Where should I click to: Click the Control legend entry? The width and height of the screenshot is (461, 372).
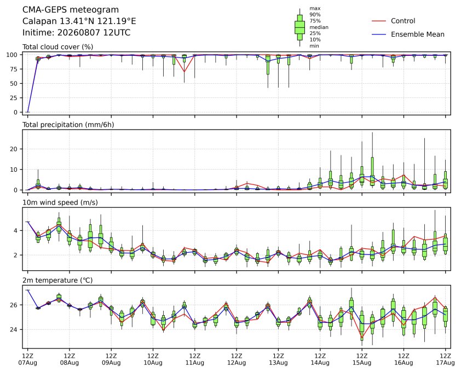coord(393,21)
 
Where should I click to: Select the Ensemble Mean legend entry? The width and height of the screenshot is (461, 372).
coord(408,34)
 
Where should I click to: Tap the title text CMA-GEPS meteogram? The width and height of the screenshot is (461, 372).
coord(71,10)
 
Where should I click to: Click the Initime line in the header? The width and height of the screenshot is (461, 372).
coord(77,32)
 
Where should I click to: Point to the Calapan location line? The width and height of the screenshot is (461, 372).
coord(79,21)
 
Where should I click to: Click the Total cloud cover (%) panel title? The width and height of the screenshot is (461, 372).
coord(58,47)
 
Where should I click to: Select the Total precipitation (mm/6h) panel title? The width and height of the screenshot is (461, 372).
coord(68,125)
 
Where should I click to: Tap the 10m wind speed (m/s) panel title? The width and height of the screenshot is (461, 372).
coord(60,202)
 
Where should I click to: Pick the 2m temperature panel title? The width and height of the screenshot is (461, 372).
coord(57,280)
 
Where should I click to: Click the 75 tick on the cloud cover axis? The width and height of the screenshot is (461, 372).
coord(14,69)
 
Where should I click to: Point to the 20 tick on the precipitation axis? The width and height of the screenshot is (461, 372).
coord(14,149)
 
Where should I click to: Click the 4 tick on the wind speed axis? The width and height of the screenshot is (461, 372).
coord(16,231)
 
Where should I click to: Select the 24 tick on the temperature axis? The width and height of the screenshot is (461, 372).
coord(14,329)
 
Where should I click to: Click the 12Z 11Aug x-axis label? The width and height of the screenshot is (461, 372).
coord(194,359)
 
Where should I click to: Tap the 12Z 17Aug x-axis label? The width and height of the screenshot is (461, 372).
coord(446,359)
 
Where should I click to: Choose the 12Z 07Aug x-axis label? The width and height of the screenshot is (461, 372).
coord(27,359)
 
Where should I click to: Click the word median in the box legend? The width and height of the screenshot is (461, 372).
coord(319,27)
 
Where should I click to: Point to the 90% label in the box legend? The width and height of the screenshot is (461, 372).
coord(315,14)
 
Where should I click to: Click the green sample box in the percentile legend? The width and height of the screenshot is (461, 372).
coord(299,27)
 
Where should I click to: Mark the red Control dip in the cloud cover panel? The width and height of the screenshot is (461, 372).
coord(185,72)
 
